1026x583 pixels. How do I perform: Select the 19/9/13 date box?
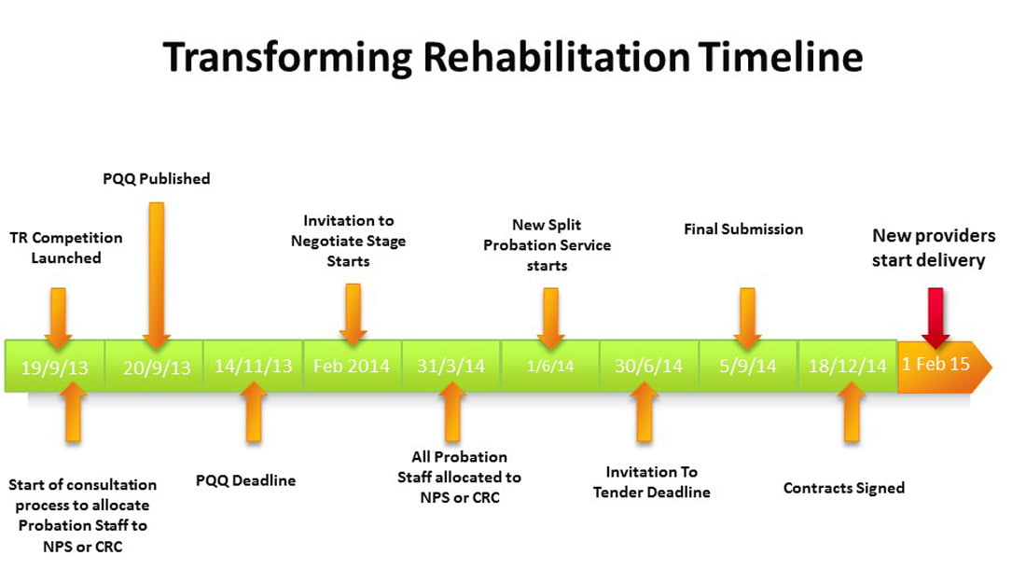55,366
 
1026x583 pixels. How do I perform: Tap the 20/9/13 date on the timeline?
157,366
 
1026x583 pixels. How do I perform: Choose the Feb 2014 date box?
352,365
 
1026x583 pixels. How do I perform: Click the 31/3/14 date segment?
451,365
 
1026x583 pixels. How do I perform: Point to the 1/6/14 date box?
550,366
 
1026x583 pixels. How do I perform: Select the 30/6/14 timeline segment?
648,366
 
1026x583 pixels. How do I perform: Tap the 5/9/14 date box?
747,366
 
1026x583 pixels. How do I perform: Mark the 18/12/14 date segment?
847,366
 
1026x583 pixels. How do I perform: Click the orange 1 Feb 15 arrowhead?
942,365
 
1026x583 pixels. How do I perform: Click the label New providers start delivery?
933,248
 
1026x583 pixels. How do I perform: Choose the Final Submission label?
742,229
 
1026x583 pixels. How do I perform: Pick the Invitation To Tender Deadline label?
651,482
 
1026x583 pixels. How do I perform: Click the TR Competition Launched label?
66,247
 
